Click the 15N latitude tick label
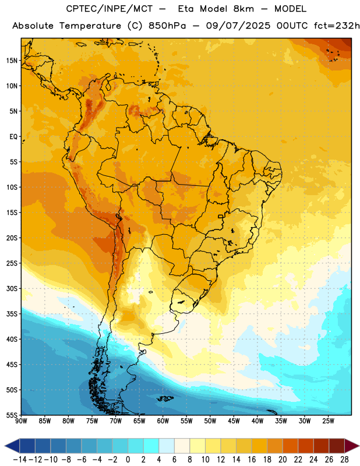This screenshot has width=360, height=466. coord(12,61)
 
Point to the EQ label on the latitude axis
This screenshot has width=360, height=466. coord(13,137)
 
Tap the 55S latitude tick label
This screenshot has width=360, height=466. coord(12,415)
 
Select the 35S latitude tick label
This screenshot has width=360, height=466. coord(12,314)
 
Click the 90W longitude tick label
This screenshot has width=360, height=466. coord(21,421)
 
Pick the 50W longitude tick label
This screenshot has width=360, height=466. coord(210,421)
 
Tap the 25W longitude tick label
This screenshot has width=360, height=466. coord(328,421)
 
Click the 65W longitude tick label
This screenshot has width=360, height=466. coord(139,421)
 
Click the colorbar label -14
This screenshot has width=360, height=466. coord(20,460)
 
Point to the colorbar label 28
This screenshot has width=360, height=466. coord(344,460)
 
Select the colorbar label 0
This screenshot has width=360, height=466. coord(128,460)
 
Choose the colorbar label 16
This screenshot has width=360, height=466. coord(252,460)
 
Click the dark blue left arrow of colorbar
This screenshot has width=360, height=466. coord(12,446)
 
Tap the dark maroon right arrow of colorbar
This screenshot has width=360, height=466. coord(352,446)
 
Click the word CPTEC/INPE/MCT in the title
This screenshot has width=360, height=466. coord(109,9)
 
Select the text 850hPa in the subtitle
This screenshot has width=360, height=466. coord(167,26)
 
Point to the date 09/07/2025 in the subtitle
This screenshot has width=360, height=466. coord(238,26)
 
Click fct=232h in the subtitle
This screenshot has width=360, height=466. coord(337,26)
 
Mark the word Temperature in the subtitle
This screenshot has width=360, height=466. coord(90,26)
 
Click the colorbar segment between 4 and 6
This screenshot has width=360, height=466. coord(167,446)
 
